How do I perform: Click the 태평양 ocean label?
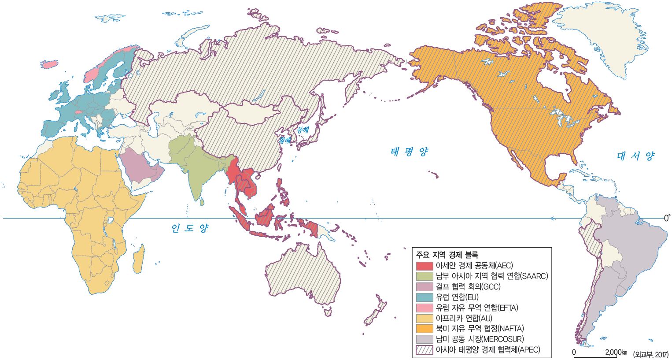point(409,152)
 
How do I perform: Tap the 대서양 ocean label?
point(635,156)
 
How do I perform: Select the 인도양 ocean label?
point(190,228)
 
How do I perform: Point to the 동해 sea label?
point(303,130)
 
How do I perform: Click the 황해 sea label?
point(284,141)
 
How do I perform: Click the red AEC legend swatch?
point(425,266)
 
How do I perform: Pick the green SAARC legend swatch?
point(425,276)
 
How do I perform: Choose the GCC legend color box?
point(425,287)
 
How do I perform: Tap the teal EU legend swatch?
point(425,297)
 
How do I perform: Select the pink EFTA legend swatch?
point(425,308)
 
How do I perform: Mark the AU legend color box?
point(425,318)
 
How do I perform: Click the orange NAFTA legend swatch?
point(425,329)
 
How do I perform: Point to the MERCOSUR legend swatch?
point(425,339)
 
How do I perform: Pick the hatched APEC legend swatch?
point(425,350)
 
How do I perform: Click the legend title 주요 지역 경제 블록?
point(447,255)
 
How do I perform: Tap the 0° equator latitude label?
point(667,218)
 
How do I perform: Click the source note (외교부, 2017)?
point(650,354)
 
